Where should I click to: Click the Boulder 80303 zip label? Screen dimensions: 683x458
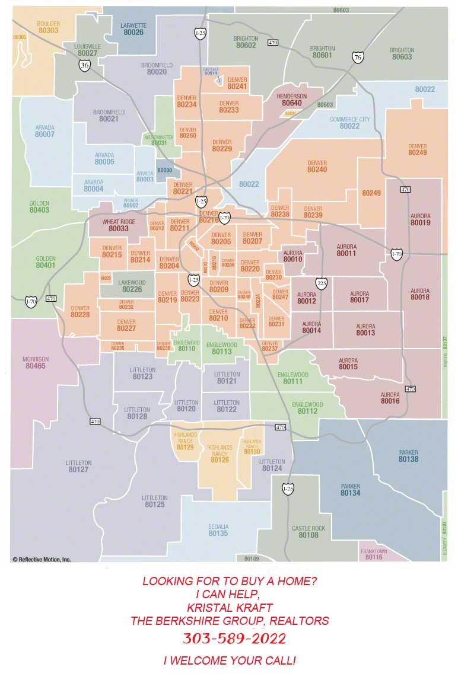click(48, 27)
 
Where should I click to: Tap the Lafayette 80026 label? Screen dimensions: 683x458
click(133, 29)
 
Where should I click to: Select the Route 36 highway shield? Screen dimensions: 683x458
click(85, 65)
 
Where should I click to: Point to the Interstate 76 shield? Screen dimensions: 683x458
click(357, 57)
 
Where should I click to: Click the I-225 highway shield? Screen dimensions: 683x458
click(321, 283)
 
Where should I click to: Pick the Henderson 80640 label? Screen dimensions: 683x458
click(291, 100)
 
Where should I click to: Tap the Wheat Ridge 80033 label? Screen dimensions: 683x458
click(119, 225)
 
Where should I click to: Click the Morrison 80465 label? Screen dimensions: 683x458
click(36, 363)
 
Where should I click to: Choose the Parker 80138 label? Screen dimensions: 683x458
click(408, 456)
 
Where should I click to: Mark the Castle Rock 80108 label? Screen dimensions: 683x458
click(308, 532)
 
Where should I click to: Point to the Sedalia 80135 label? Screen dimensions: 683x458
click(218, 530)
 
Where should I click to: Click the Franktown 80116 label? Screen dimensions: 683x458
click(374, 554)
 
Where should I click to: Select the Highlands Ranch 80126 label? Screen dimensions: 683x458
click(220, 454)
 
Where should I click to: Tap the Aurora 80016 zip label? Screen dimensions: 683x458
click(390, 398)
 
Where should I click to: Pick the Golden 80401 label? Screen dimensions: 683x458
click(46, 262)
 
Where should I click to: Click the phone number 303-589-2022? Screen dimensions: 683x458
click(234, 639)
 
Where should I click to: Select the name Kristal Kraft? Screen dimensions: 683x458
click(229, 608)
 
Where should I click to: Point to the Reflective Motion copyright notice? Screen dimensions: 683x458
click(42, 559)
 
